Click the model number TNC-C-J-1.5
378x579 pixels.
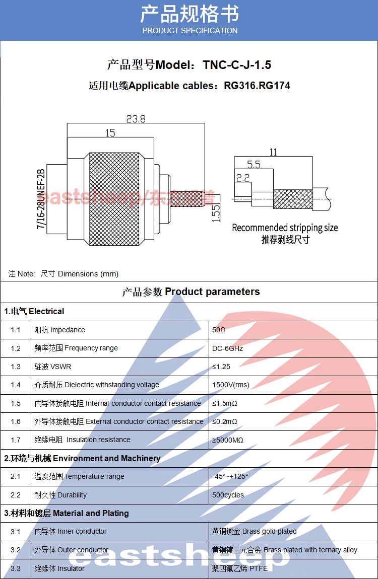pyautogui.click(x=237, y=65)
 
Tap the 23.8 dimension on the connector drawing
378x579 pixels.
pyautogui.click(x=136, y=119)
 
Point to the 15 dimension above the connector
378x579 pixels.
pyautogui.click(x=110, y=133)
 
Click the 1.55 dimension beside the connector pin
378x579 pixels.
pyautogui.click(x=216, y=213)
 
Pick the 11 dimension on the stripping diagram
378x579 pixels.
pyautogui.click(x=273, y=152)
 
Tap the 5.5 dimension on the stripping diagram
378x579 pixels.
pyautogui.click(x=254, y=165)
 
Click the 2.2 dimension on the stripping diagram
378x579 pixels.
pyautogui.click(x=243, y=177)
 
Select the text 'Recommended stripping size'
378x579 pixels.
pyautogui.click(x=285, y=228)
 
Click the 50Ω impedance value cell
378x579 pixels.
pyautogui.click(x=219, y=330)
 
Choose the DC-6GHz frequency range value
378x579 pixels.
pyautogui.click(x=228, y=348)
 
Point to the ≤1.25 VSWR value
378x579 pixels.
pyautogui.click(x=221, y=367)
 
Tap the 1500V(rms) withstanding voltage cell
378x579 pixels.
pyautogui.click(x=231, y=385)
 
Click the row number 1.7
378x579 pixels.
pyautogui.click(x=16, y=440)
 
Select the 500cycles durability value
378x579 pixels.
pyautogui.click(x=228, y=495)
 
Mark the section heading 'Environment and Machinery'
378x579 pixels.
pyautogui.click(x=106, y=458)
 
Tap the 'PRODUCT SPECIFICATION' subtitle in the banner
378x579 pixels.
pyautogui.click(x=190, y=31)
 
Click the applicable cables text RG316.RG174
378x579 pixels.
pyautogui.click(x=257, y=86)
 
